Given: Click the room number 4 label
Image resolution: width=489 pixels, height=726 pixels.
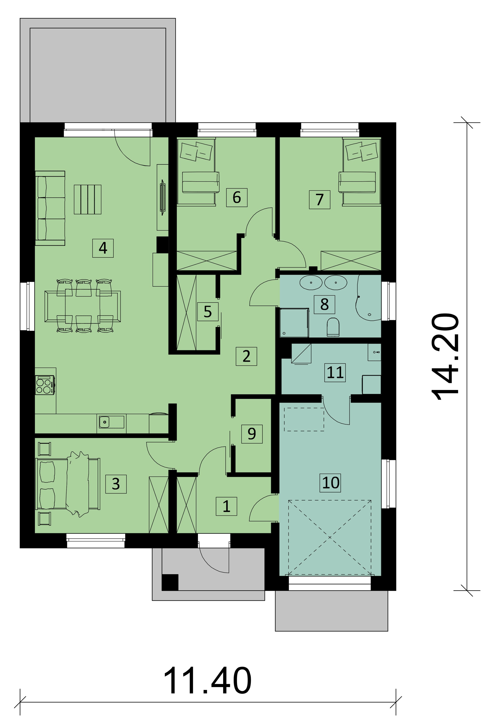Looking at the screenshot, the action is pyautogui.click(x=103, y=248).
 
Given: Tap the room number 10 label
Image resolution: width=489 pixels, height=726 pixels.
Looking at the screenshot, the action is pyautogui.click(x=331, y=483).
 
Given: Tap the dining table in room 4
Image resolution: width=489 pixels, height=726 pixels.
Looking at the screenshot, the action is pyautogui.click(x=83, y=306).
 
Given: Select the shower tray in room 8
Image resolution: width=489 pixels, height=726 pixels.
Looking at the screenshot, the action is pyautogui.click(x=294, y=323).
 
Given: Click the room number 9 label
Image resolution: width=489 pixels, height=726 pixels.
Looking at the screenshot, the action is pyautogui.click(x=252, y=434).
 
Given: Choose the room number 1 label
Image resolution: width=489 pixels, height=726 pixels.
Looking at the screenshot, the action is pyautogui.click(x=226, y=506).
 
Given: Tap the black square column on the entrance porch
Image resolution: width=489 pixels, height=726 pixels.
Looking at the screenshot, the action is pyautogui.click(x=170, y=582).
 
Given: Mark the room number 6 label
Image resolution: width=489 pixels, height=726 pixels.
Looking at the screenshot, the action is pyautogui.click(x=237, y=197).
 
